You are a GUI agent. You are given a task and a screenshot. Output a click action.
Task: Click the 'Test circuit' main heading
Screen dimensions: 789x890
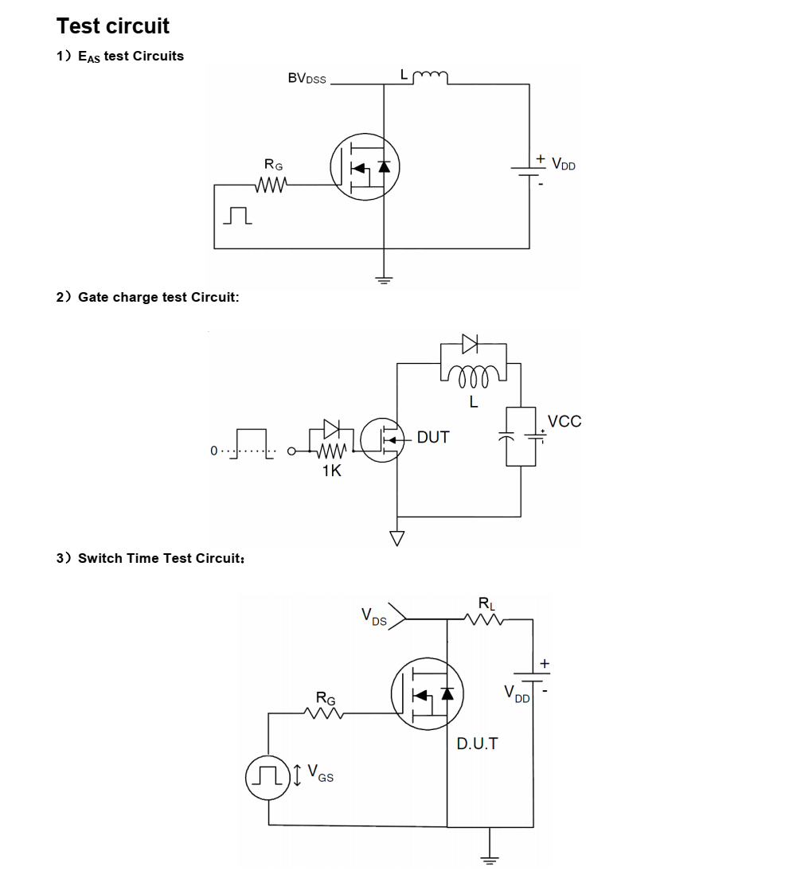(x=112, y=26)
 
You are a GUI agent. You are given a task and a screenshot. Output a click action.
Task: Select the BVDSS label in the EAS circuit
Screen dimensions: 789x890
(x=307, y=78)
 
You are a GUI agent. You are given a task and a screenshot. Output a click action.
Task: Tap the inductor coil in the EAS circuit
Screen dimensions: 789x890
(x=430, y=77)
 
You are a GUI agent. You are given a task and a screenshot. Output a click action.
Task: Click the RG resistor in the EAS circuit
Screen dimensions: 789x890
(x=271, y=185)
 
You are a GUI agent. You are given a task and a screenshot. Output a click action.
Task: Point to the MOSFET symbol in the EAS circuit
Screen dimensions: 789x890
(x=365, y=167)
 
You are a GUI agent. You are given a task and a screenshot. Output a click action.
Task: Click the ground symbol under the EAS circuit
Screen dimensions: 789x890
(x=385, y=279)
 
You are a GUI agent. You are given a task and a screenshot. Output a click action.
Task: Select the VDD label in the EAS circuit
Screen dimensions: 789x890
(x=564, y=165)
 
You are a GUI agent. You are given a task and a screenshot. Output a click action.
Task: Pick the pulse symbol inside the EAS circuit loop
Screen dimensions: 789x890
(x=237, y=215)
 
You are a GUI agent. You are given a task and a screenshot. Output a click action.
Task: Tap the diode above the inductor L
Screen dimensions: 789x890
(x=470, y=343)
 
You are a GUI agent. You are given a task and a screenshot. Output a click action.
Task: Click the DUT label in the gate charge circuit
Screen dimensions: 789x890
(x=433, y=437)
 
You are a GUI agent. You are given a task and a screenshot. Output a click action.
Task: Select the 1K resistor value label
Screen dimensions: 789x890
(x=331, y=470)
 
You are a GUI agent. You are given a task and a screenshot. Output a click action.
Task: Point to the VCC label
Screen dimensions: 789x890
(x=564, y=421)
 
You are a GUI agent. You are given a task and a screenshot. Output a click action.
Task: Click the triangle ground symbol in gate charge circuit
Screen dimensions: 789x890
(x=397, y=537)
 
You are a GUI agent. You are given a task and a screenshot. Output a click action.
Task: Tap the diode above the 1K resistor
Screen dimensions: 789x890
(x=331, y=429)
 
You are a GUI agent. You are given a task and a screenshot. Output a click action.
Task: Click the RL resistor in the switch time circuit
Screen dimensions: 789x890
(x=483, y=619)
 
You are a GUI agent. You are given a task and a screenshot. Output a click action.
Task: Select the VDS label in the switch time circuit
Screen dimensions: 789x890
(x=374, y=616)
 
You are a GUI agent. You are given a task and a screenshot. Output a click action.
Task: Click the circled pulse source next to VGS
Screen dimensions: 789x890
(x=268, y=777)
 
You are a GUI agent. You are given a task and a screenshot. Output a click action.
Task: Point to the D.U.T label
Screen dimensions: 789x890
(x=478, y=744)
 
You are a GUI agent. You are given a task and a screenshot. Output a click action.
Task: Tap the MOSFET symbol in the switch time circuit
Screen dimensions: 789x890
(x=428, y=693)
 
